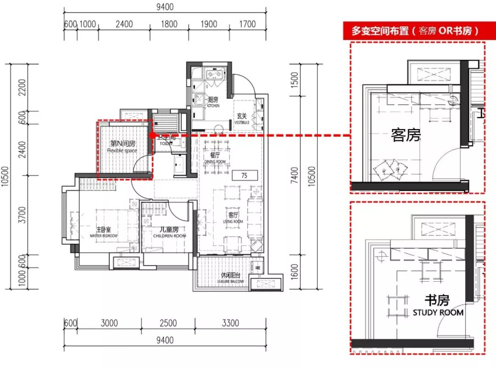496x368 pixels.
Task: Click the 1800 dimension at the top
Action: click(x=169, y=24)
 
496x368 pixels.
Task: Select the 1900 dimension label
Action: click(x=209, y=24)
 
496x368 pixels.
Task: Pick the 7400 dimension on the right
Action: click(x=294, y=175)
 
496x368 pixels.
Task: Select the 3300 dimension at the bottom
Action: click(x=230, y=323)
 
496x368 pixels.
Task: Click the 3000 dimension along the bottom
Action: click(x=109, y=323)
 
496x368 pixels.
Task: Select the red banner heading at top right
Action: click(x=415, y=31)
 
